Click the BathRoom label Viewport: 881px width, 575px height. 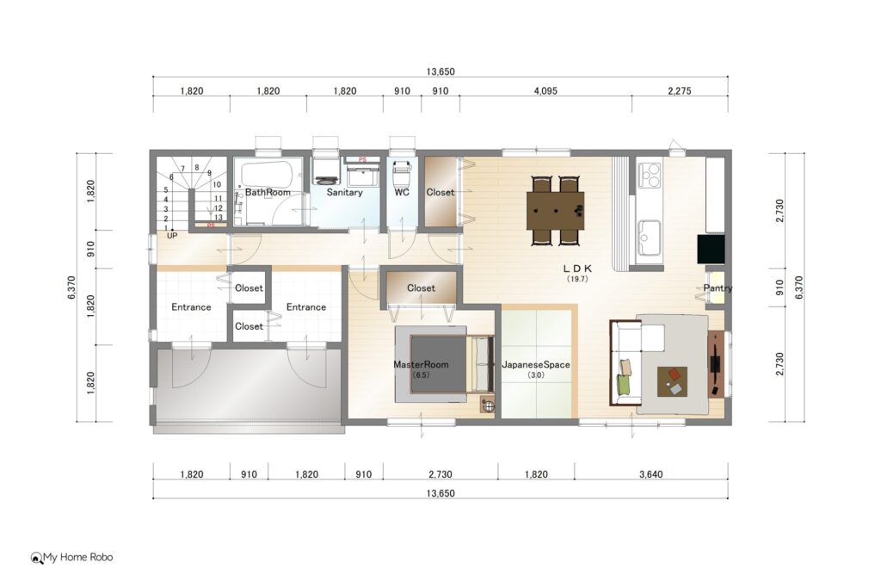coord(268,192)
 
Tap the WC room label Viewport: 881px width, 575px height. coord(402,192)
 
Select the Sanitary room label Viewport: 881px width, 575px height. coord(344,192)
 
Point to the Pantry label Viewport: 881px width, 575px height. coord(718,287)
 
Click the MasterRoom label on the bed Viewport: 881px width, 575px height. coord(421,364)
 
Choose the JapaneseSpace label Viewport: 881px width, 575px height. coord(535,364)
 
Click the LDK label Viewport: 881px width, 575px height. coord(577,269)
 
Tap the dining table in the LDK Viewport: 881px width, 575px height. coord(555,211)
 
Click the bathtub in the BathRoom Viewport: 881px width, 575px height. coord(267,175)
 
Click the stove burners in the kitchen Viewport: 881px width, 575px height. coord(650,174)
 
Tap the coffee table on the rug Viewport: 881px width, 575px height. coord(673,381)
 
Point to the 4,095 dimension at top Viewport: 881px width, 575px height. coord(545,90)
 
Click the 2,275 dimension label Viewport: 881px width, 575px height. coord(680,90)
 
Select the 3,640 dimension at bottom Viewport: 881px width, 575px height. coord(650,474)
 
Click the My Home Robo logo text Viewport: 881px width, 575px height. coord(78,557)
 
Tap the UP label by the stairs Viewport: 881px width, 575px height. coord(172,236)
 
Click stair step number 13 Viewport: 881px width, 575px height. coord(218,218)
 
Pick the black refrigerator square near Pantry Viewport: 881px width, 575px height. coord(711,249)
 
